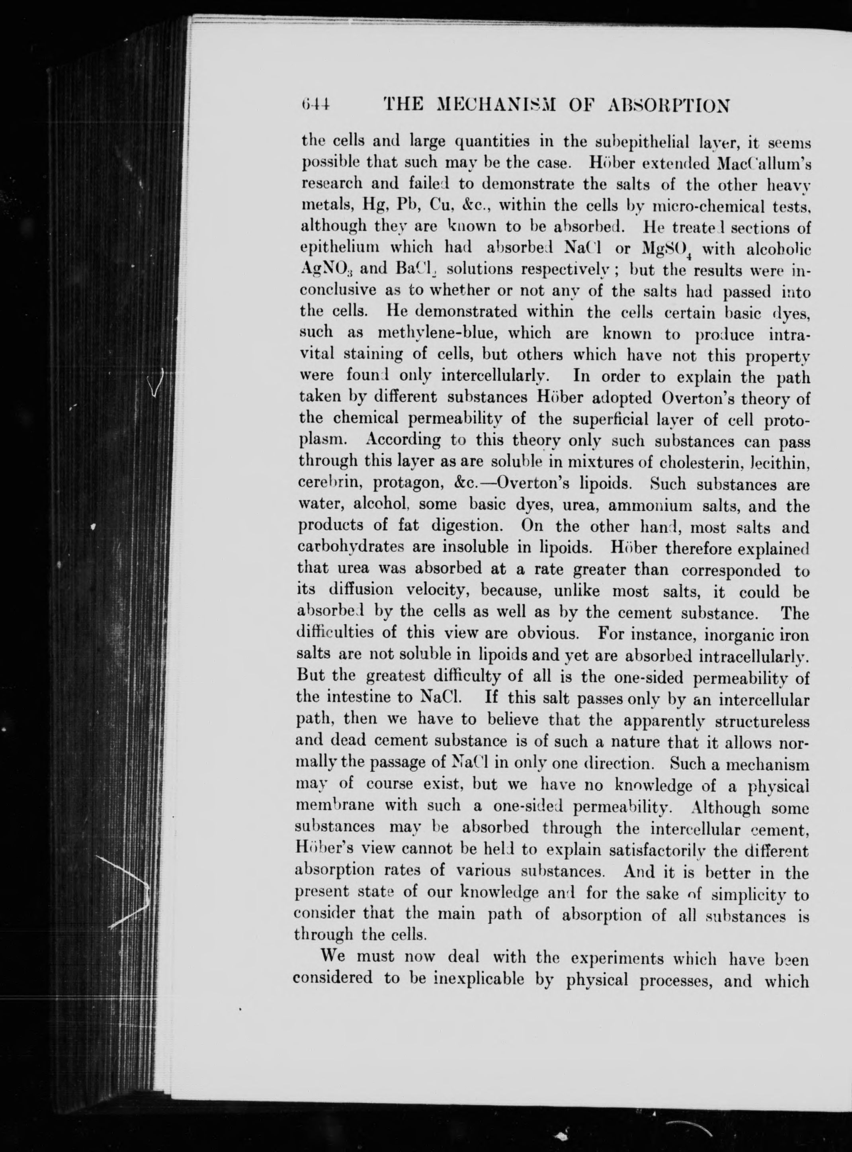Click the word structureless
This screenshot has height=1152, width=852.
pos(765,720)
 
